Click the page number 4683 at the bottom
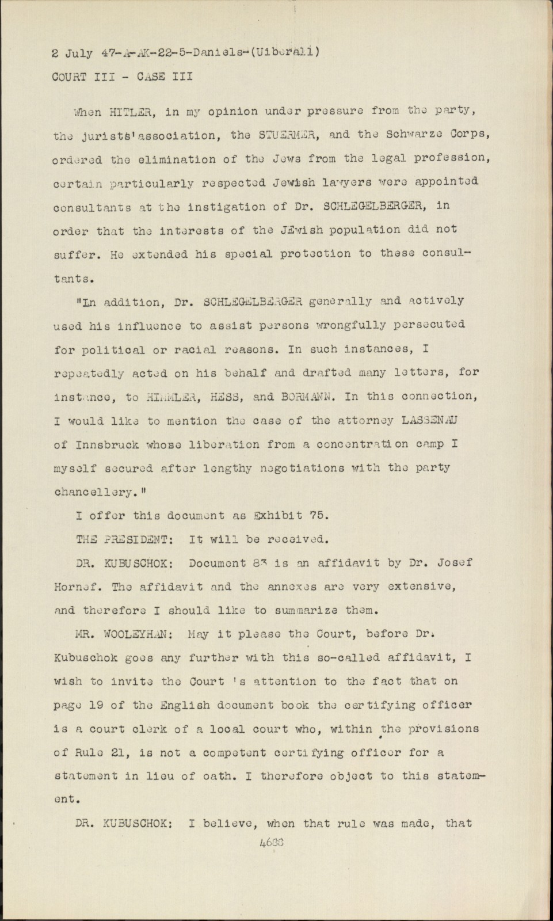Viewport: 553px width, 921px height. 272,842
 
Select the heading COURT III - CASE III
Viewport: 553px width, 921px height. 122,77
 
